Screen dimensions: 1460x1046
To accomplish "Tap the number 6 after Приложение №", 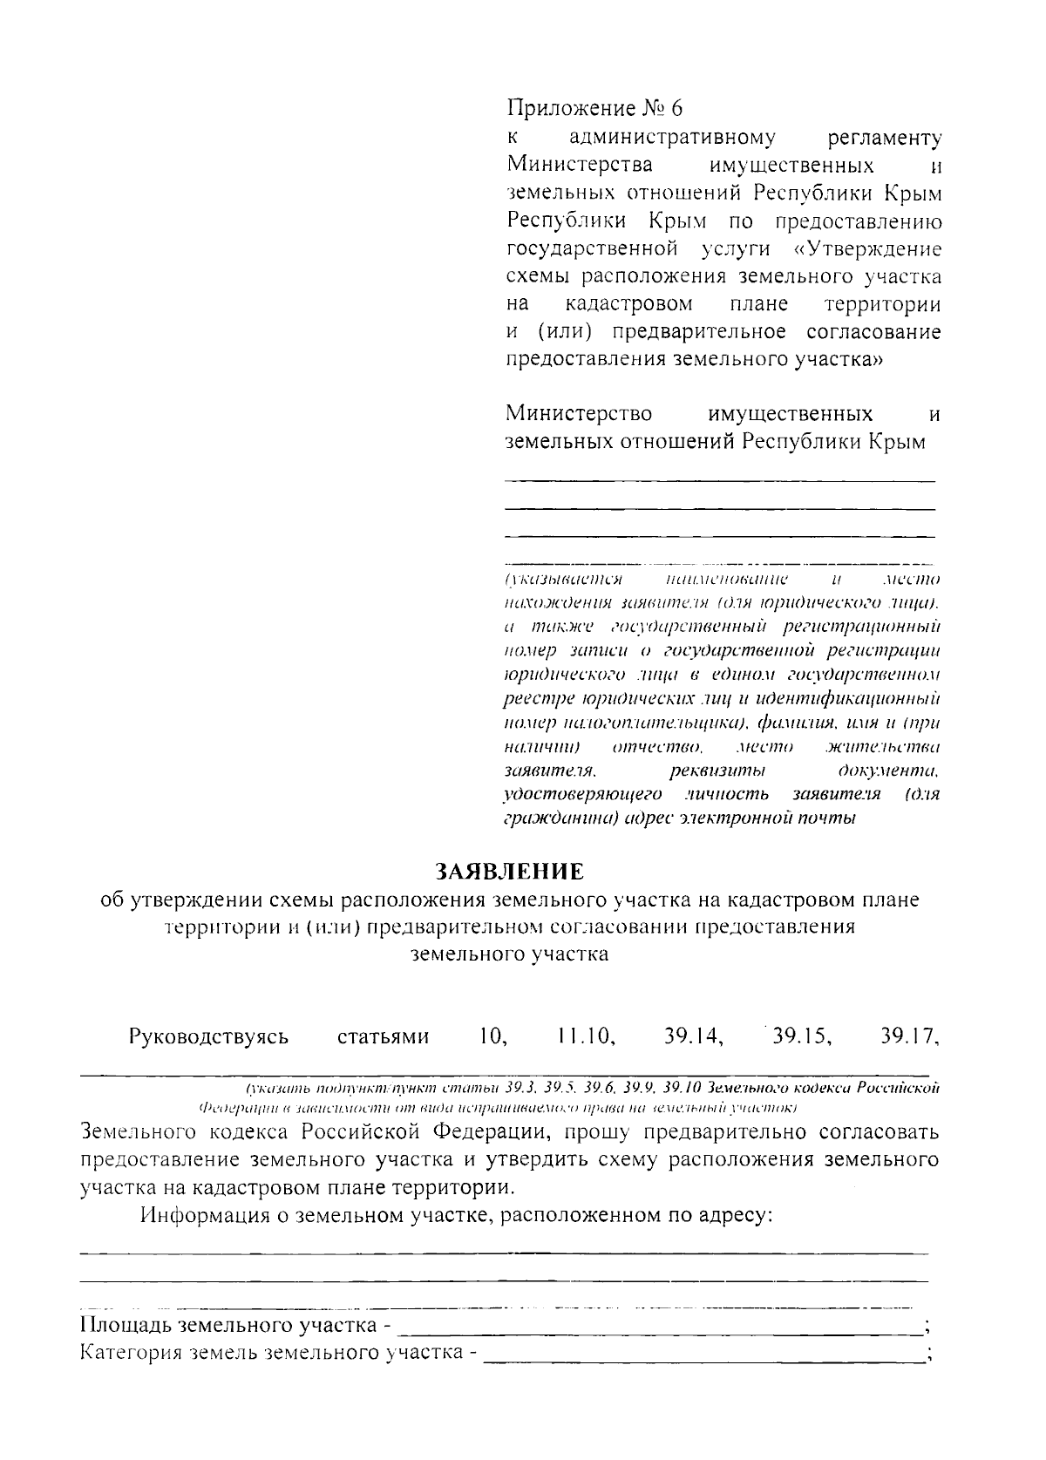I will tap(676, 108).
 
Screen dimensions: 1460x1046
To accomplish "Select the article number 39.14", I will tap(694, 1036).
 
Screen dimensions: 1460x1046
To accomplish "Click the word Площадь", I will tap(126, 1328).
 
